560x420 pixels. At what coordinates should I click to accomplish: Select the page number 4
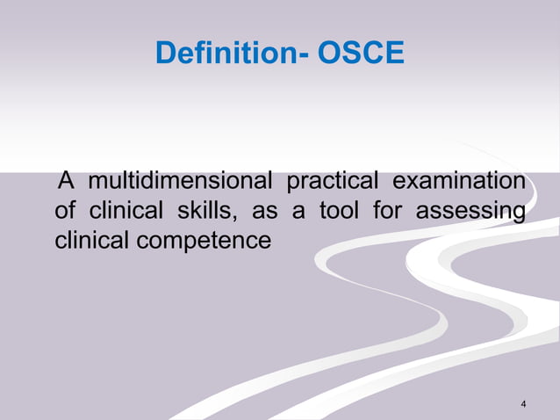click(x=523, y=403)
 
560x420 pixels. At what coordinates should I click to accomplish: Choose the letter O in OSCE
click(x=330, y=54)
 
